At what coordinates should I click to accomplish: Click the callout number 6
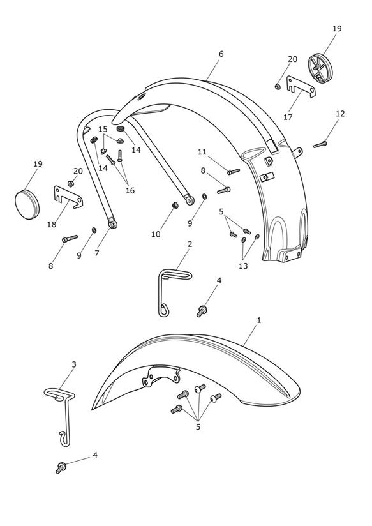(x=221, y=54)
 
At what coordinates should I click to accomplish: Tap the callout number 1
(x=258, y=320)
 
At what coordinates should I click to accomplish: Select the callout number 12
(x=340, y=114)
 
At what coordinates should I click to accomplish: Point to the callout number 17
(x=288, y=117)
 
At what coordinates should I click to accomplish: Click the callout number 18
(x=51, y=225)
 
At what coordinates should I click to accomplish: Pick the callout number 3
(x=74, y=364)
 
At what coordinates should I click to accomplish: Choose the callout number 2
(x=190, y=244)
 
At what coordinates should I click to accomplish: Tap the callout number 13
(x=243, y=266)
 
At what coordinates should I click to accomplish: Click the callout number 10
(x=156, y=234)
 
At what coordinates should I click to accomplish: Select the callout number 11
(x=202, y=152)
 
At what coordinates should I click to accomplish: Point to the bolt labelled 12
(x=320, y=144)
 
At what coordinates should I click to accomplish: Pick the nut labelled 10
(x=175, y=205)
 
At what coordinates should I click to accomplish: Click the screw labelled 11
(x=234, y=172)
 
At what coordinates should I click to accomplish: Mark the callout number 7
(x=97, y=253)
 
